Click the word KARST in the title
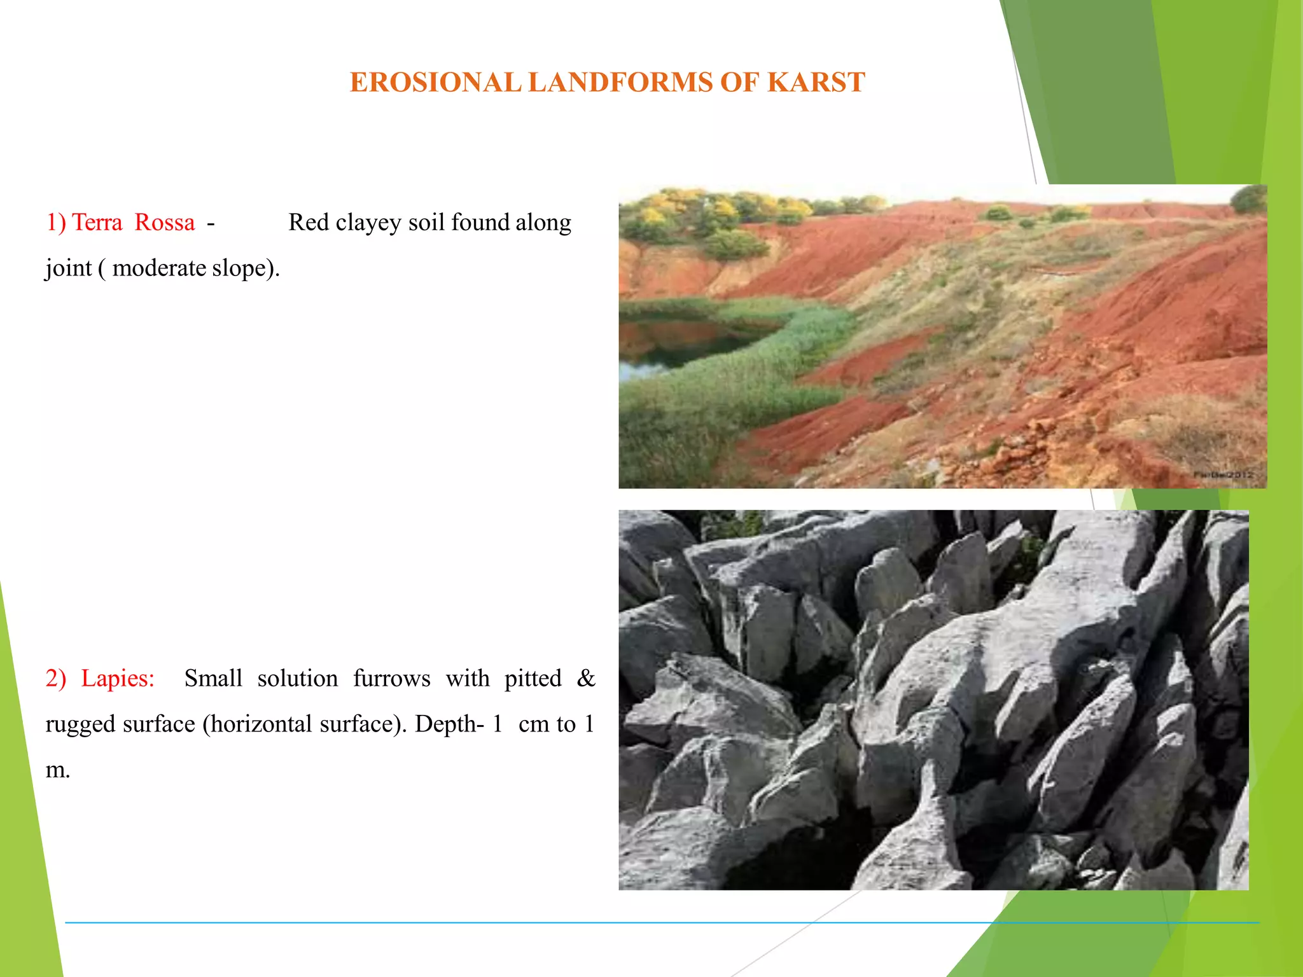click(816, 83)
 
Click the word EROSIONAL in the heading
click(435, 83)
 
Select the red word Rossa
click(165, 223)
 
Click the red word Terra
click(97, 223)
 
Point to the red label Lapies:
click(118, 679)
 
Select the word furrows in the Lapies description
click(391, 679)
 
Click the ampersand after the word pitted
click(585, 679)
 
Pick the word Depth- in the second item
click(449, 724)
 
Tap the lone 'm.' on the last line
click(57, 770)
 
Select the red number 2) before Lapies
click(55, 679)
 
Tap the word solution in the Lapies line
click(297, 679)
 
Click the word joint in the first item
click(68, 268)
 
